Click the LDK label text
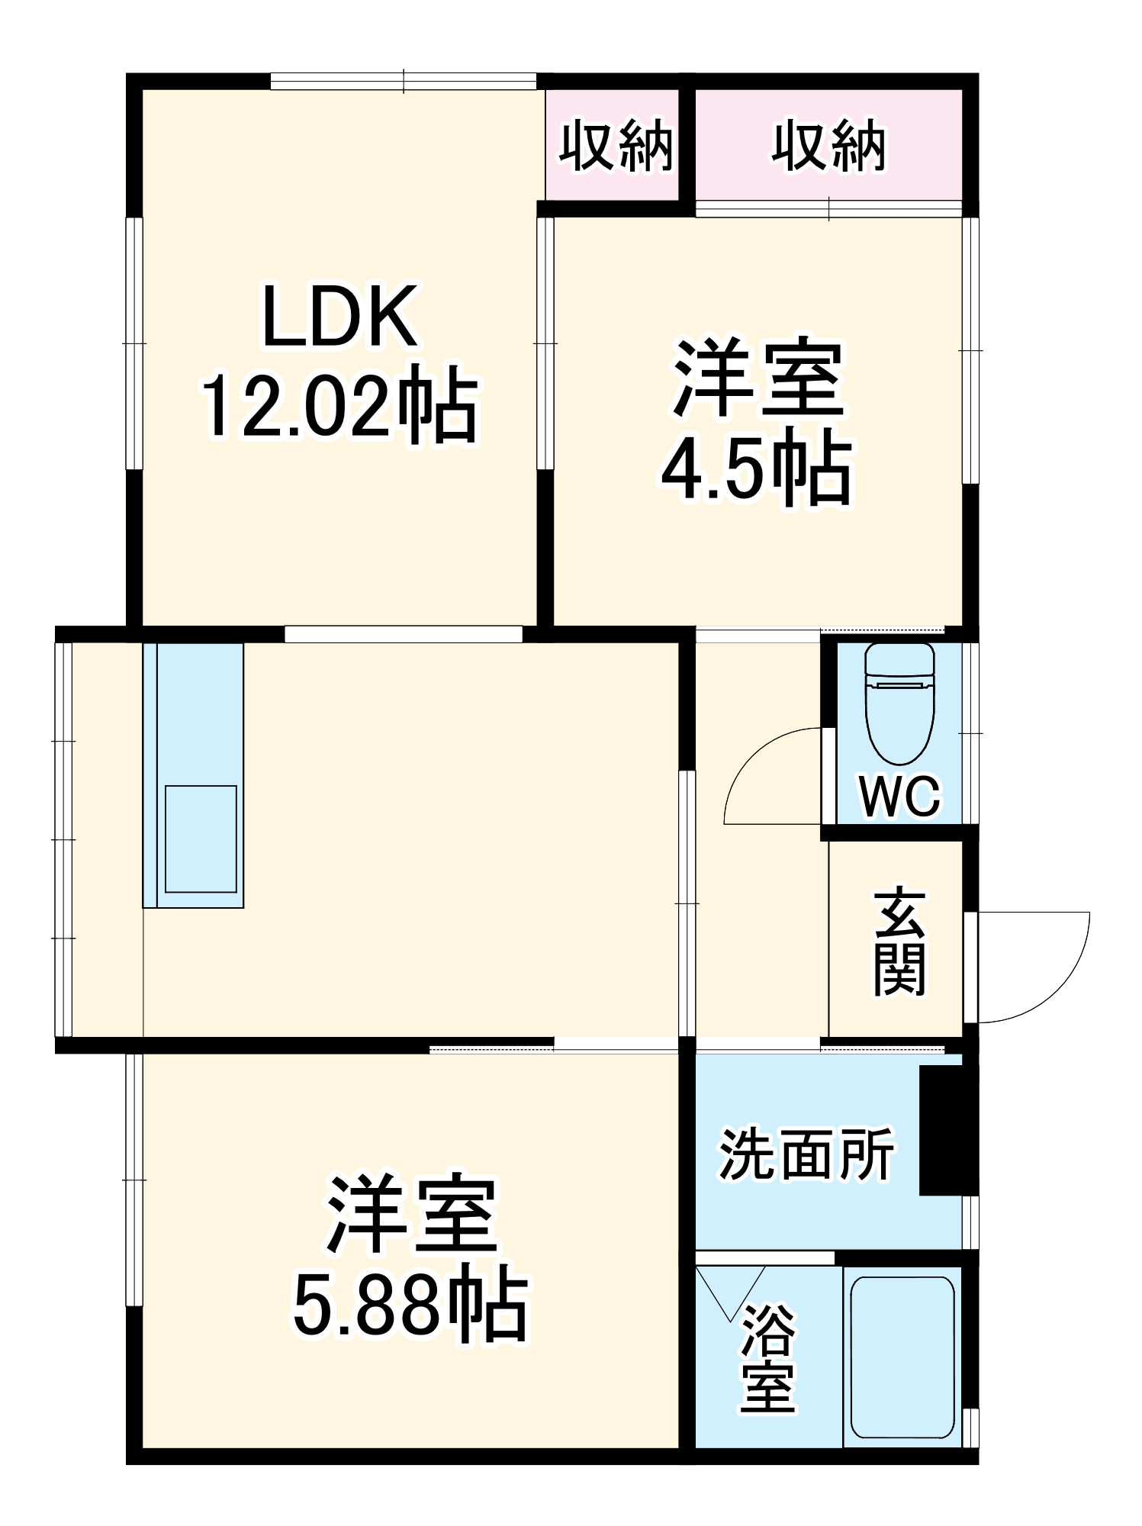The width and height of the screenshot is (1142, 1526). (339, 316)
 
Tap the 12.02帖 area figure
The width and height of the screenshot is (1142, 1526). (339, 405)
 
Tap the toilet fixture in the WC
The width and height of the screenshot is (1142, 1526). (900, 703)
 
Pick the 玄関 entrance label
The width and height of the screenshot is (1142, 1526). (900, 942)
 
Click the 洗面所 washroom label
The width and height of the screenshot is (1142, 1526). (806, 1154)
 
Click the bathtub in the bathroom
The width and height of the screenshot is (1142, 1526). (902, 1357)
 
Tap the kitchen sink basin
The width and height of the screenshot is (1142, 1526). (201, 839)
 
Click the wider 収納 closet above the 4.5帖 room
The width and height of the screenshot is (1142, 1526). (828, 145)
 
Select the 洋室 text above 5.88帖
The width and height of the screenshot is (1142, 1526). (411, 1216)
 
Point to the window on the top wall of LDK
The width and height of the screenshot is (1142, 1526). (404, 82)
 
